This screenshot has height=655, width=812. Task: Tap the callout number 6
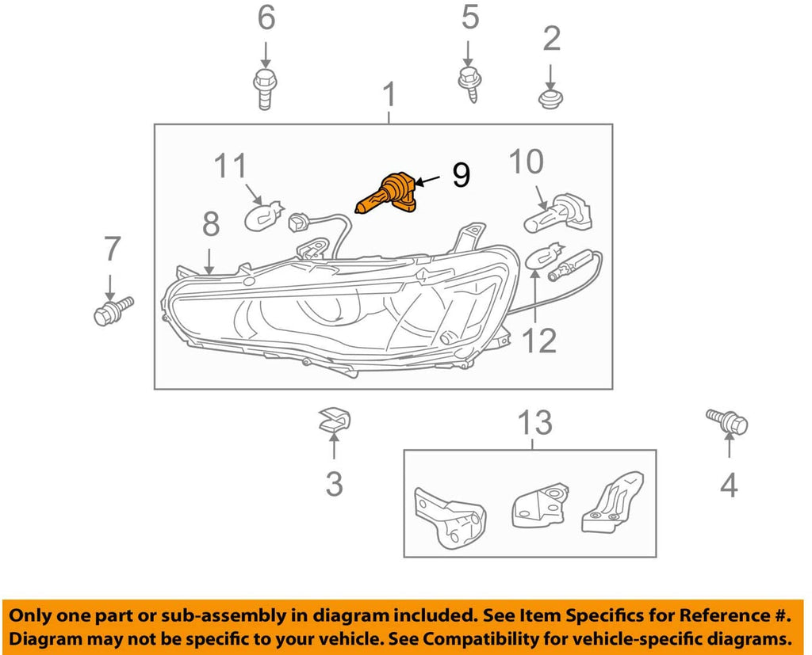266,17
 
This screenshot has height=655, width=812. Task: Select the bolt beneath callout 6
265,89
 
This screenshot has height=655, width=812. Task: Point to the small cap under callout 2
550,100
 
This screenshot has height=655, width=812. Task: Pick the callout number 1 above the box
389,95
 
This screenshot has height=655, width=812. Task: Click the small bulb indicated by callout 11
263,215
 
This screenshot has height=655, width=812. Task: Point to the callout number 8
210,225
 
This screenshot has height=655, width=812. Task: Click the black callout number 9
461,175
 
